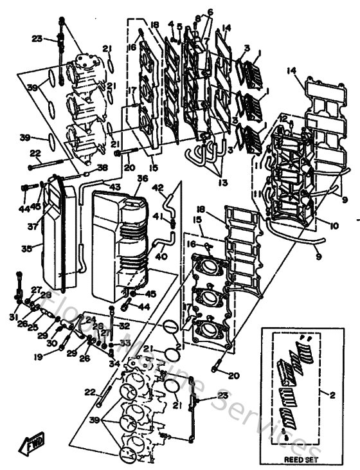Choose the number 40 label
[x=159, y=257]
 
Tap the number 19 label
[x=40, y=356]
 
